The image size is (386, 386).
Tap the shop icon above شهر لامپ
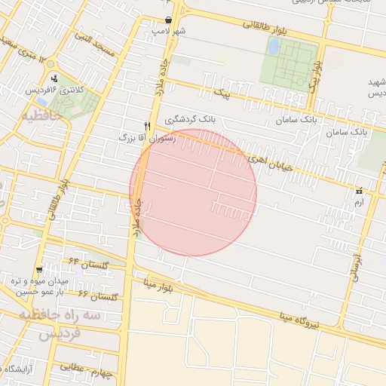(x=167, y=20)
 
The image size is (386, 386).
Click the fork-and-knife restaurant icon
(x=148, y=126)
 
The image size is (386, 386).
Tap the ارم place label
(x=358, y=203)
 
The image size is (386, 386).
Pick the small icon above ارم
(x=359, y=191)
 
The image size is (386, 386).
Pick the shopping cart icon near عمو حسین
(x=38, y=269)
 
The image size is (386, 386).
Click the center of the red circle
(x=193, y=193)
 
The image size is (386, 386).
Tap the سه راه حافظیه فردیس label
(x=60, y=323)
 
